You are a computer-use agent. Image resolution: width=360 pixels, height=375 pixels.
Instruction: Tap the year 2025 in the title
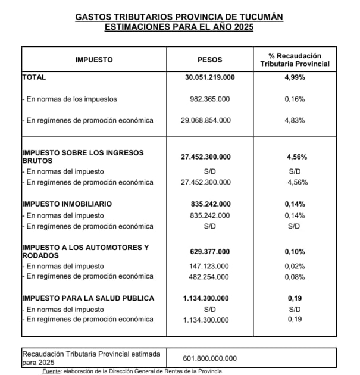(242, 27)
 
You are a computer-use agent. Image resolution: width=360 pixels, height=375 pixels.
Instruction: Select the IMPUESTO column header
(94, 60)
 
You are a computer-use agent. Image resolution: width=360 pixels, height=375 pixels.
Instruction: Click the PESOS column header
(209, 60)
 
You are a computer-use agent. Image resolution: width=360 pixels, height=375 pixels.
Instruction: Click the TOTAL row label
(34, 77)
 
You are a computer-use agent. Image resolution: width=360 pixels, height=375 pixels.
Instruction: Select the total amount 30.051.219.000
(209, 77)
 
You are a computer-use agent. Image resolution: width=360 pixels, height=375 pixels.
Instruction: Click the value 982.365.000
(209, 99)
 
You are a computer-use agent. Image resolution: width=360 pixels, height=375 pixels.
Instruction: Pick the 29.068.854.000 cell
(209, 120)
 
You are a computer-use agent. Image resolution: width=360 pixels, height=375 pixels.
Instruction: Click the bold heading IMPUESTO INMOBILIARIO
(67, 204)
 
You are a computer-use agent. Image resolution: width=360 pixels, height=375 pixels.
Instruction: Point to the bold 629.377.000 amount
(209, 251)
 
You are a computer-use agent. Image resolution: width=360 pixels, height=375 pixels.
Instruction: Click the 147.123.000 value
(209, 266)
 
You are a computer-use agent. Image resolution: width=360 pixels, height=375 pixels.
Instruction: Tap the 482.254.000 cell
(209, 277)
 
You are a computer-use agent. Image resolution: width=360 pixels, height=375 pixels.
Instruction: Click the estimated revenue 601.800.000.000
(209, 358)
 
